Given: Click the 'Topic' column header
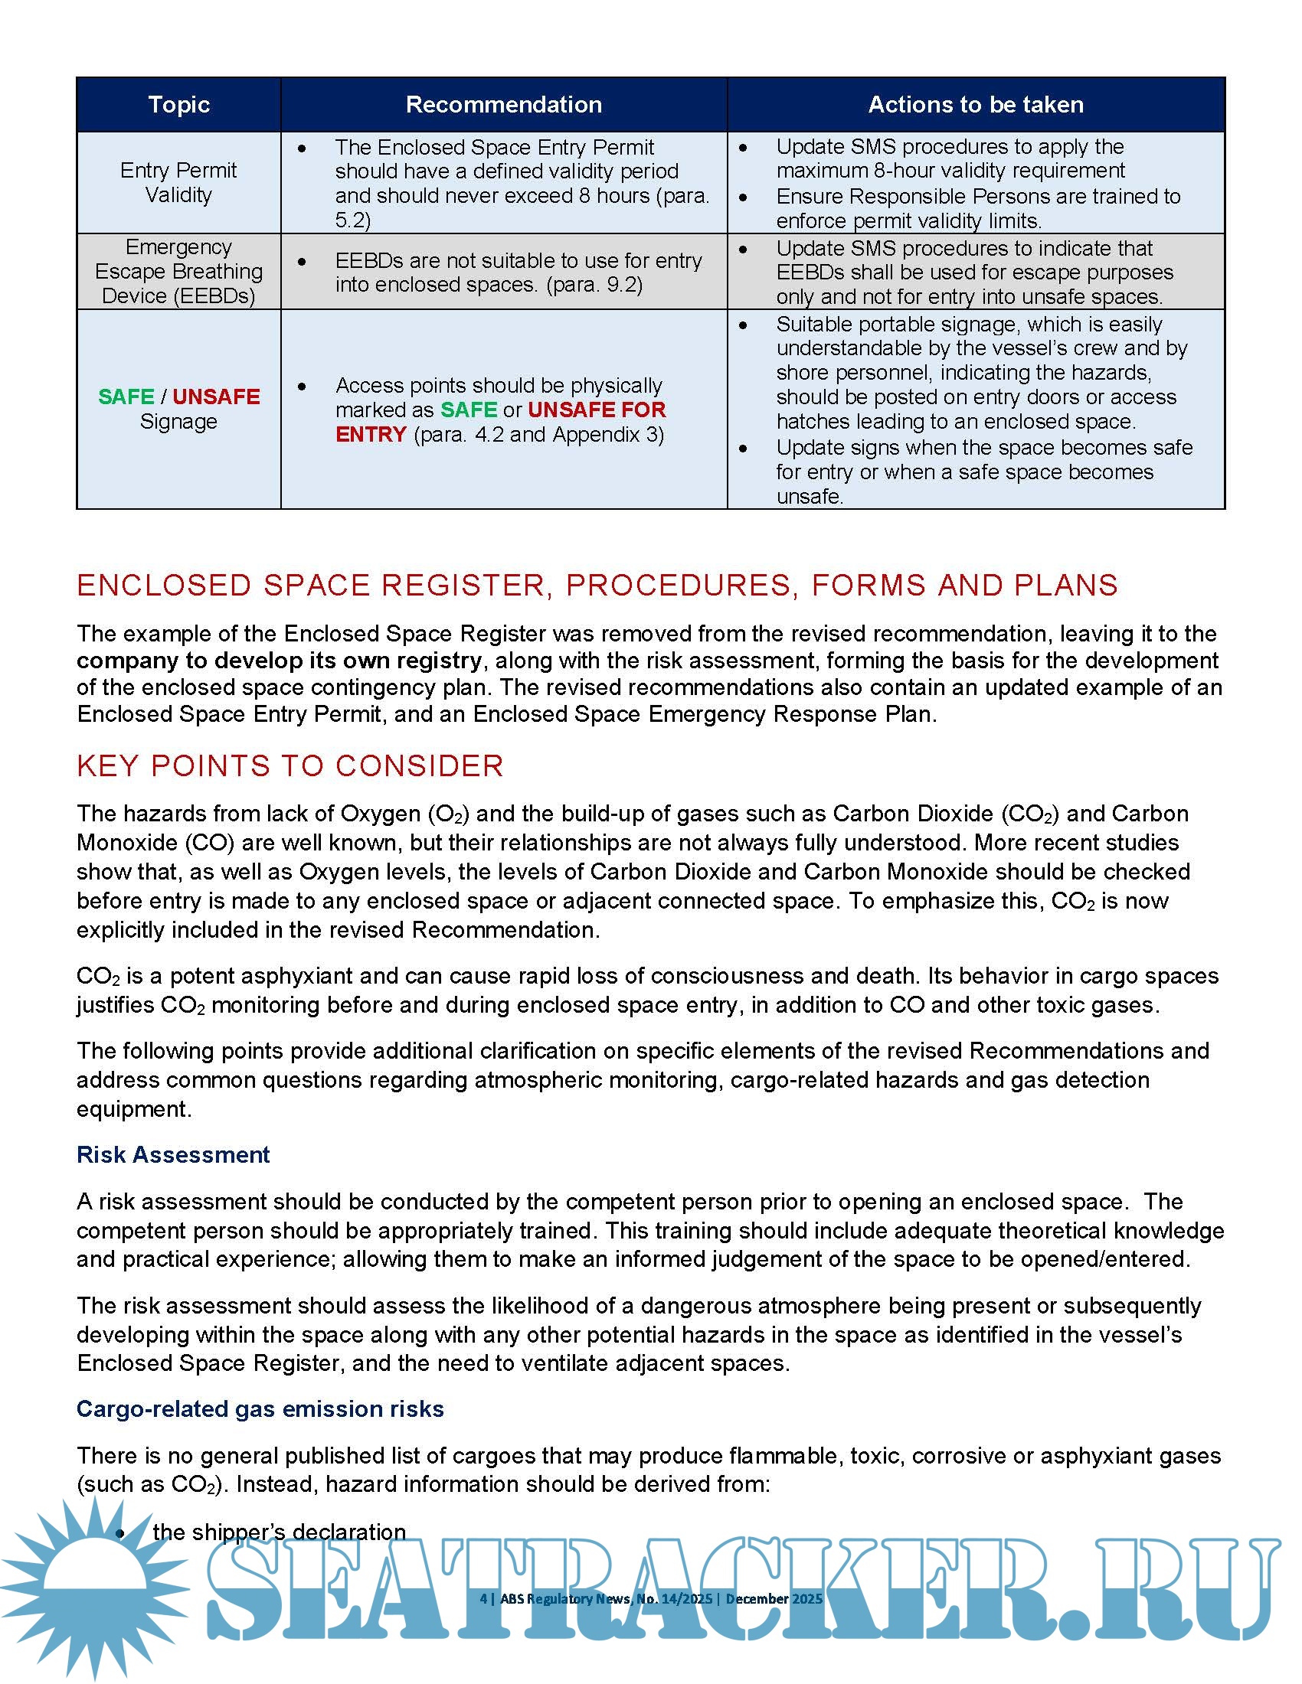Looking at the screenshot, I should click(x=178, y=104).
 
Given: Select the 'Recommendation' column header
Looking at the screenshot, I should click(x=504, y=104).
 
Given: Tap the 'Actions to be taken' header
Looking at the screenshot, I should click(x=976, y=104).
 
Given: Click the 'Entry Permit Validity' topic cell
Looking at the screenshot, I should click(x=178, y=183).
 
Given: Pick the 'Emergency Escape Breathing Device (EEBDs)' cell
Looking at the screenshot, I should click(x=178, y=272).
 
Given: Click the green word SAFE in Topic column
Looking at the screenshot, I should click(x=126, y=397).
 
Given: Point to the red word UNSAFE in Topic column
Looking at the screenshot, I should click(x=216, y=397).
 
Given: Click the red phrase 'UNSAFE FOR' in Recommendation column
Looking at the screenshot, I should click(x=596, y=410).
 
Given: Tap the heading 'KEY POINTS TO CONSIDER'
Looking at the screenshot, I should click(x=290, y=765).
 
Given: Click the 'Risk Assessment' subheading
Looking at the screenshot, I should click(x=173, y=1154).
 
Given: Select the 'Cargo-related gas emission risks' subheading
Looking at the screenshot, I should click(x=260, y=1408).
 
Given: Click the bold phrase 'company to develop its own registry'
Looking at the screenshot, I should click(x=280, y=661).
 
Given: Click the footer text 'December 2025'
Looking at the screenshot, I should click(x=774, y=1598).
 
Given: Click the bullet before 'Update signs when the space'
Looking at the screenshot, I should click(x=743, y=448).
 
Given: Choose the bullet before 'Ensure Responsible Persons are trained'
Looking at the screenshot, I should click(x=743, y=197).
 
